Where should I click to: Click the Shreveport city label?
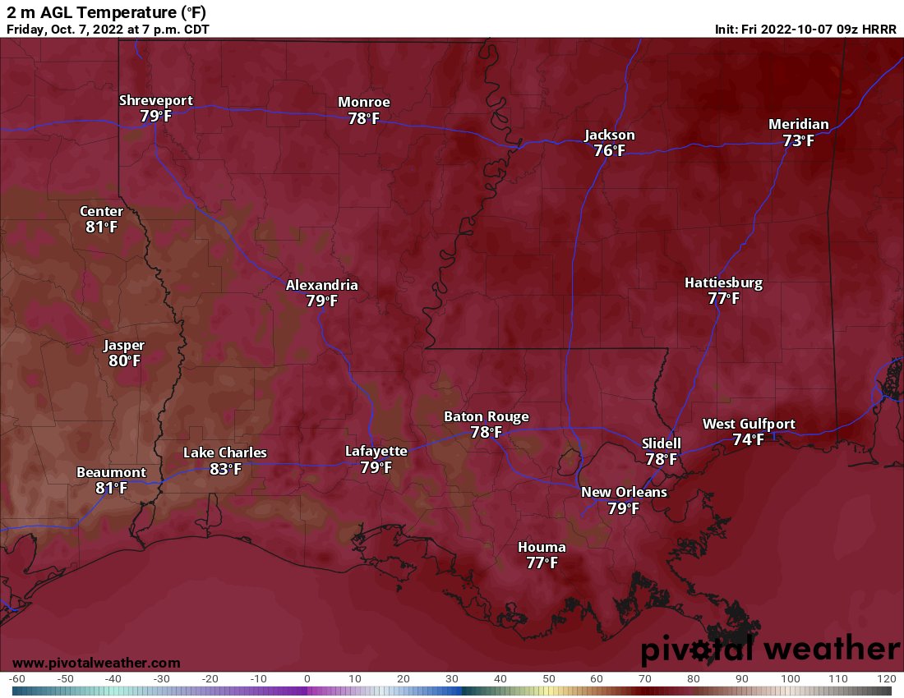click(155, 100)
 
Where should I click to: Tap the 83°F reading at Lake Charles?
click(225, 469)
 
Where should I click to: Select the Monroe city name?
click(364, 102)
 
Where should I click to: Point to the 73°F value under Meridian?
click(798, 140)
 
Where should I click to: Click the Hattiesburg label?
click(723, 282)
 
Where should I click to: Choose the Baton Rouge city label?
click(486, 416)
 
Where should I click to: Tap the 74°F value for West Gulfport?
click(748, 439)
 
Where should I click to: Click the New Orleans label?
click(624, 492)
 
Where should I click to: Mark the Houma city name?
click(542, 547)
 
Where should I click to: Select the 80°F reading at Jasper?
click(124, 360)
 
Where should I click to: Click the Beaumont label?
click(111, 472)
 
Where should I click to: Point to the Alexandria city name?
click(321, 285)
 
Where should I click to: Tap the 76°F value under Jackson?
click(609, 150)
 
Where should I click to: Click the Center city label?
click(101, 211)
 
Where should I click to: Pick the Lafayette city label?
click(376, 451)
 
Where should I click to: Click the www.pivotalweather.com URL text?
click(96, 663)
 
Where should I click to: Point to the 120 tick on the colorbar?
click(885, 679)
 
